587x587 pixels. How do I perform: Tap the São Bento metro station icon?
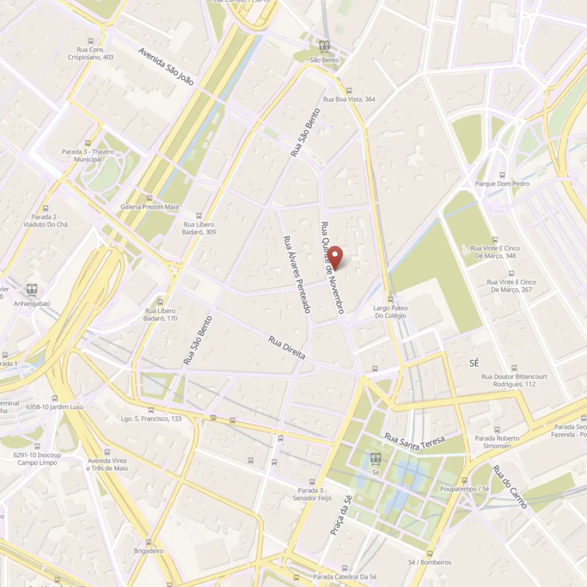tap(324, 46)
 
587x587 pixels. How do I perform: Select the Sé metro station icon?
tap(376, 458)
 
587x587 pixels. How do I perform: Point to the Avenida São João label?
tap(166, 66)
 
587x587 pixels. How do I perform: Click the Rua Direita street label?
tap(287, 348)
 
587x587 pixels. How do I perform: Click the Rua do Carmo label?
tap(510, 486)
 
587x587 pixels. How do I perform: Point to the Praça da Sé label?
tap(341, 515)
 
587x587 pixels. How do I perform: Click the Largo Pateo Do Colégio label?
tap(390, 312)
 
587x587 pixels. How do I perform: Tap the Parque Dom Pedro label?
tap(502, 184)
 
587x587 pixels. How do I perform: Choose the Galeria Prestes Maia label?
tap(150, 206)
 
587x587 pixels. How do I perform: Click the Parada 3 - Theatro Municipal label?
tap(88, 155)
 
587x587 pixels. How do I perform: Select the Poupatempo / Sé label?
tap(464, 489)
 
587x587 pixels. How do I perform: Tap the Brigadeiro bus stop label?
tap(148, 551)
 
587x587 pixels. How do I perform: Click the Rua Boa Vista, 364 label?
tap(349, 99)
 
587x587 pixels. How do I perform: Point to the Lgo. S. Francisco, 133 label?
tap(151, 418)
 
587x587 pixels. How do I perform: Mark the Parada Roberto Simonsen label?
tap(497, 442)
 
